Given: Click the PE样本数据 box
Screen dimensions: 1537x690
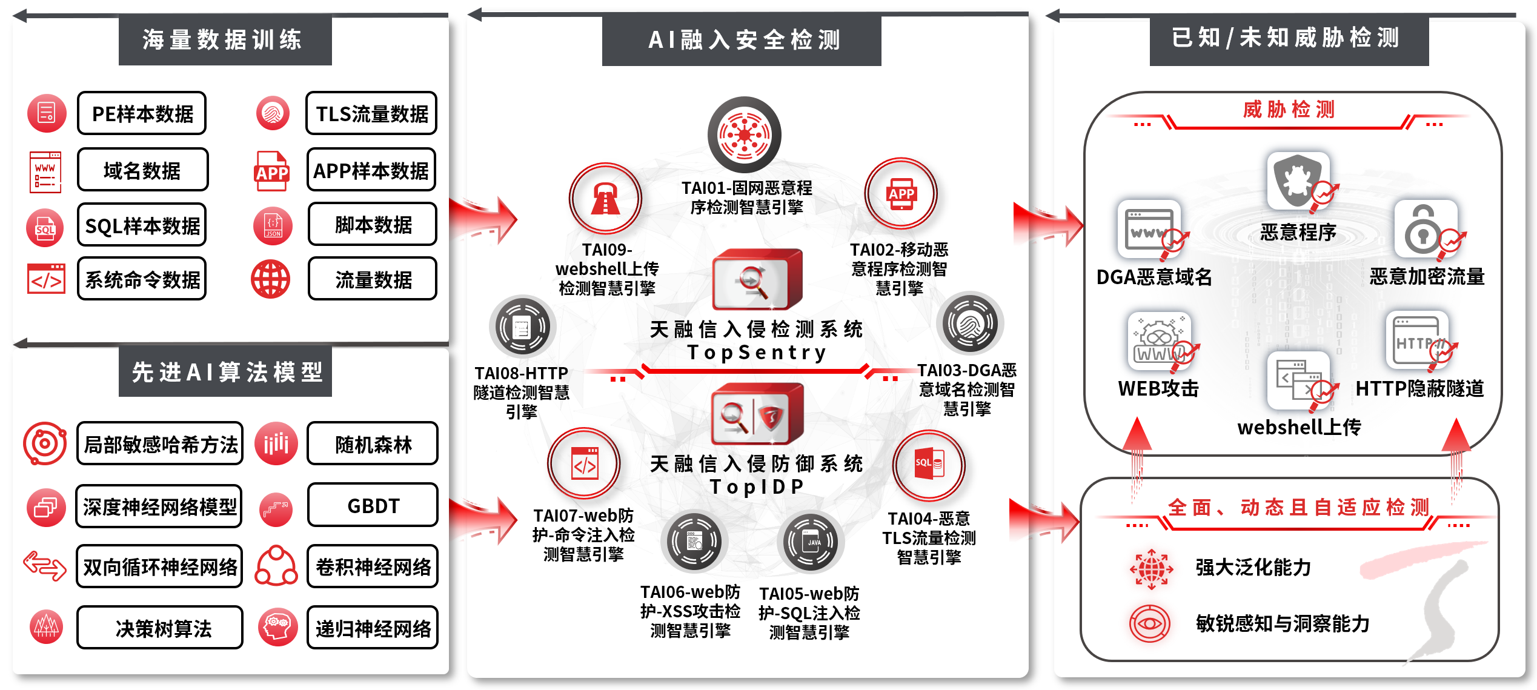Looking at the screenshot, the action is coord(142,113).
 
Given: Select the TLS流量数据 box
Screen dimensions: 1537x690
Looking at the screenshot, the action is coord(371,113).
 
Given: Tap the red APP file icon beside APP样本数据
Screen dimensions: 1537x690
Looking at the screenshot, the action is coord(271,171).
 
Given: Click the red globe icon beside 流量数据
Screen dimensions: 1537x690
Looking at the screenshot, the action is coord(271,279).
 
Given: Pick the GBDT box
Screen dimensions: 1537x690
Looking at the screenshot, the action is coord(373,505).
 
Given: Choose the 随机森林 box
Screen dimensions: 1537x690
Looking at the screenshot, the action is coord(373,444).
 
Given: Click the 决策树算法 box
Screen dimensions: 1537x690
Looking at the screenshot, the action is coord(160,628).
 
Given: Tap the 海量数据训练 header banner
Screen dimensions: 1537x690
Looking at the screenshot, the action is coord(225,40).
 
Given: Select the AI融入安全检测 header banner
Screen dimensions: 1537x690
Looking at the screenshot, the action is coord(742,41).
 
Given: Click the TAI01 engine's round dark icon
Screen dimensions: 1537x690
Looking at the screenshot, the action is coord(745,134).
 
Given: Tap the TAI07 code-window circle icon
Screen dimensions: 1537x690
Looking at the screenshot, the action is coord(584,464).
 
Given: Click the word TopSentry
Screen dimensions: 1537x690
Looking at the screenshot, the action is coord(757,352).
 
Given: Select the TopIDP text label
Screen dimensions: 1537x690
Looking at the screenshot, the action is coord(757,486).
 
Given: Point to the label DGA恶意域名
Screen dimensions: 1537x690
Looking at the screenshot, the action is coord(1154,277).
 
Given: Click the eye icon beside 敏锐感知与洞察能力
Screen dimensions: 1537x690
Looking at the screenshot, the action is coord(1149,623).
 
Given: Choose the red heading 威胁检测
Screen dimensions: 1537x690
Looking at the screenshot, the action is coord(1289,110).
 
